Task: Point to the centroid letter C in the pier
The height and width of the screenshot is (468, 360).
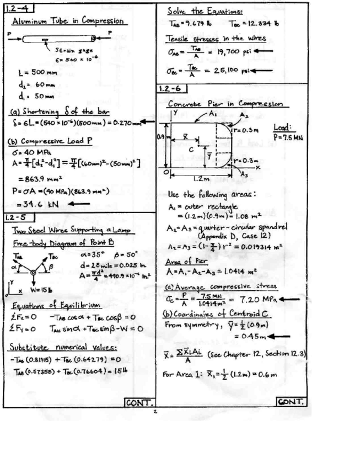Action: click(191, 149)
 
